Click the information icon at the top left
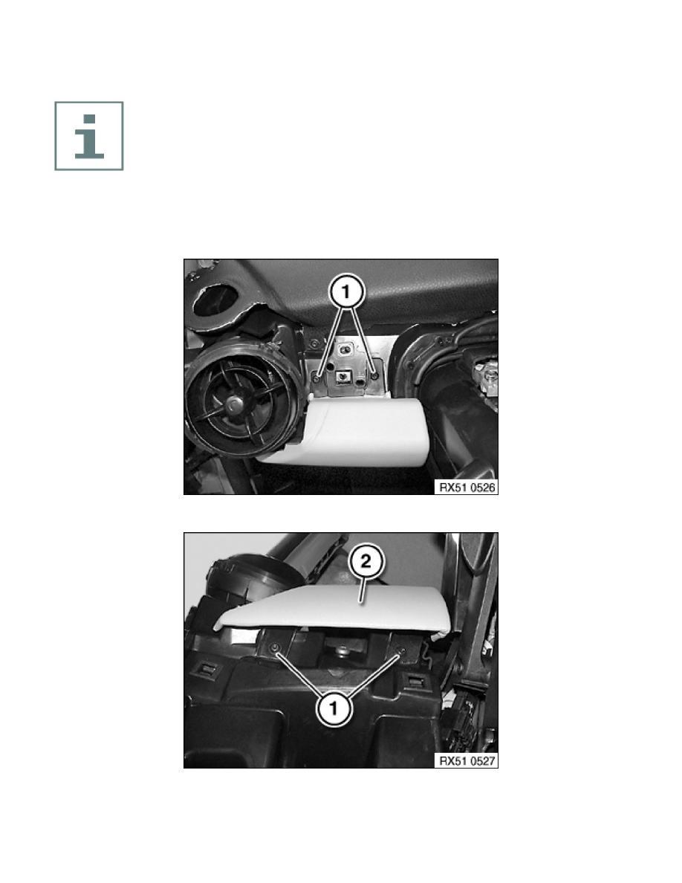click(x=89, y=136)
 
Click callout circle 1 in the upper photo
click(x=347, y=291)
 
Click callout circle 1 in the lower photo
click(x=334, y=707)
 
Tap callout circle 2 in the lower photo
click(x=366, y=561)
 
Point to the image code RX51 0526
click(x=467, y=487)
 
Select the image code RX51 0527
click(x=467, y=761)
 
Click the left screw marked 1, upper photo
click(x=318, y=378)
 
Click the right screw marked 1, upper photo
click(x=374, y=375)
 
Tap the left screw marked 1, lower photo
click(x=275, y=648)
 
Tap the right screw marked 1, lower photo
click(x=401, y=652)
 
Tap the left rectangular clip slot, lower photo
click(x=206, y=670)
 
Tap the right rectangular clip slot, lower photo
click(x=416, y=681)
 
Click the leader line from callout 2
click(x=363, y=591)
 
